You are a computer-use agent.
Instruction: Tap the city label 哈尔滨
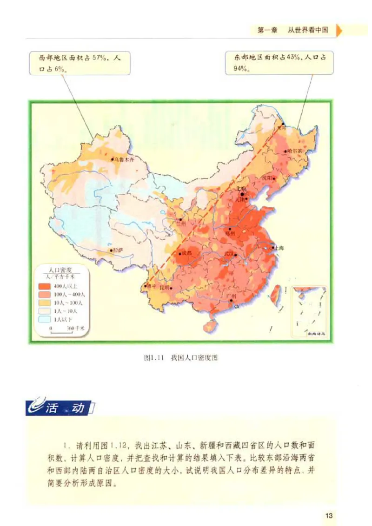tap(294, 151)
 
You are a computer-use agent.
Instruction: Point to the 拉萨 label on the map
tap(118, 250)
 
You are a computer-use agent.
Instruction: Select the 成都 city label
tap(186, 254)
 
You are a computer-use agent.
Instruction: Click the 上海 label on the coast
tap(279, 248)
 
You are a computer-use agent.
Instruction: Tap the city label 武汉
tap(228, 254)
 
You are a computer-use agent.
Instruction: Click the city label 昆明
tap(165, 288)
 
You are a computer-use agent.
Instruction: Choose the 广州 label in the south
tap(232, 296)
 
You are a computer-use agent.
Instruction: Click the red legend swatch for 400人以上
tap(45, 286)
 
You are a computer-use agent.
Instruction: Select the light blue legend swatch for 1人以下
tap(45, 319)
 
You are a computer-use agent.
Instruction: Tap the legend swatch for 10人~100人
tap(45, 302)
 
